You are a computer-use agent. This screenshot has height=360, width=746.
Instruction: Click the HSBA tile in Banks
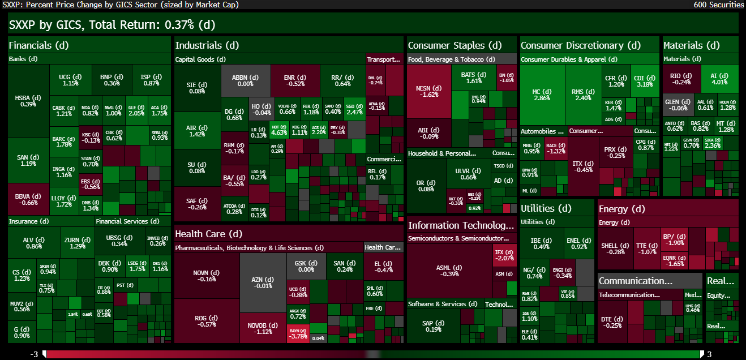click(x=28, y=100)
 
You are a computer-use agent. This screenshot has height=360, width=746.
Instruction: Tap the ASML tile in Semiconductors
click(x=449, y=271)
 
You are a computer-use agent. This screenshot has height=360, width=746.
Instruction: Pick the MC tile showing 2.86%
click(x=542, y=95)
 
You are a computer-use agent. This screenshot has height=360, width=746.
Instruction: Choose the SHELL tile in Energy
click(x=615, y=248)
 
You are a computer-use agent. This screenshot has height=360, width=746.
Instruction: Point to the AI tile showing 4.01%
click(x=719, y=78)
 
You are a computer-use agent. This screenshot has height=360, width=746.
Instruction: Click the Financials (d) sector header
click(x=38, y=45)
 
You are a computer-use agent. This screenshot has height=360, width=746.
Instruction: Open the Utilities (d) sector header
click(x=546, y=208)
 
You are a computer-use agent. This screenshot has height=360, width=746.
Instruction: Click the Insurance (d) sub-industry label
click(x=29, y=221)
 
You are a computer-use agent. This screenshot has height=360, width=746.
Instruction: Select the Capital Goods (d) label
click(x=200, y=59)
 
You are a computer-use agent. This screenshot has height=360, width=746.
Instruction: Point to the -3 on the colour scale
click(x=35, y=354)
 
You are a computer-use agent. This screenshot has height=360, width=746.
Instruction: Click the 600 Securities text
click(x=718, y=5)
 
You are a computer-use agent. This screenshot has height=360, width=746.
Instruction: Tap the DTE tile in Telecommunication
click(x=611, y=322)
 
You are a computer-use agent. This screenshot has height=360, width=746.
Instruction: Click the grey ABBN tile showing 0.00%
click(x=245, y=80)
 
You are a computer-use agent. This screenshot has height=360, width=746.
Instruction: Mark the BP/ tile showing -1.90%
click(x=674, y=239)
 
